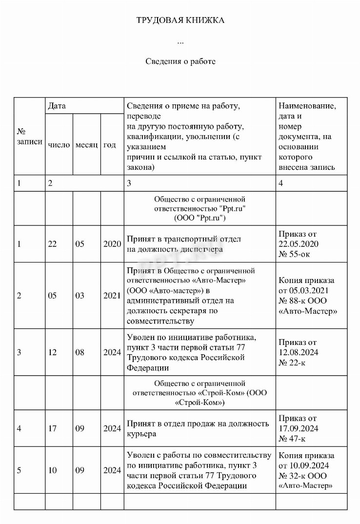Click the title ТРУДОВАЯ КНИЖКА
point(180,20)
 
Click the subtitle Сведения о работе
point(180,61)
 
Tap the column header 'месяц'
point(87,145)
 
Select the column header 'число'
point(59,145)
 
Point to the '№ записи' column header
point(29,136)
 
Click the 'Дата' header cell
point(57,105)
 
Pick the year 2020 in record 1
point(112,244)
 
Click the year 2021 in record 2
point(112,296)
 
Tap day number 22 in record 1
point(52,244)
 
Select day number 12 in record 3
point(52,352)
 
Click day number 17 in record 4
point(52,428)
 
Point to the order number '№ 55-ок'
point(294,254)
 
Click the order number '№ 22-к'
point(292,362)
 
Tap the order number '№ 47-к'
point(292,438)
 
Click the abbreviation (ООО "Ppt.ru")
point(200,218)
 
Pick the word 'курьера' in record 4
point(141,433)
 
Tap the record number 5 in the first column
point(19,470)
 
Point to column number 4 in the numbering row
point(280,183)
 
